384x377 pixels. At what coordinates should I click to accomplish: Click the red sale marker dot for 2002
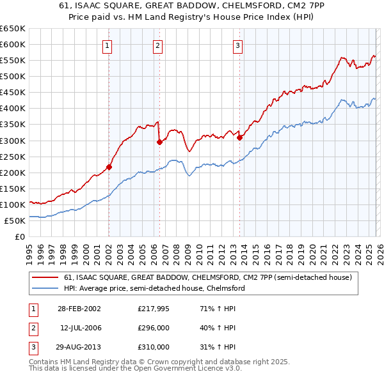pyautogui.click(x=109, y=167)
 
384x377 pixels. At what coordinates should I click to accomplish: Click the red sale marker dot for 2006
pyautogui.click(x=159, y=142)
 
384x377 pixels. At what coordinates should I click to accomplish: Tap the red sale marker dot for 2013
pyautogui.click(x=239, y=137)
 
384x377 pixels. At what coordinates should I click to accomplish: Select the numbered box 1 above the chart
pyautogui.click(x=107, y=45)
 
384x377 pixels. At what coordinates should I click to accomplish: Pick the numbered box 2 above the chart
pyautogui.click(x=157, y=45)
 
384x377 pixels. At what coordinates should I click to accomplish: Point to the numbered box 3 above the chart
pyautogui.click(x=237, y=45)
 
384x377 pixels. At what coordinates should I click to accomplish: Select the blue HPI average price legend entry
pyautogui.click(x=154, y=289)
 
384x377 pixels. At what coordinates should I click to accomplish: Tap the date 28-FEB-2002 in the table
pyautogui.click(x=78, y=309)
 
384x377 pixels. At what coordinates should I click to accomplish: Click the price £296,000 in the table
pyautogui.click(x=154, y=328)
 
